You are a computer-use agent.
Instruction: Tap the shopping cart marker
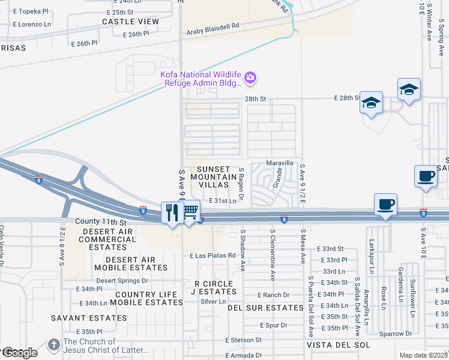(191, 211)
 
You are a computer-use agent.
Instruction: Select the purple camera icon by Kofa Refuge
(250, 77)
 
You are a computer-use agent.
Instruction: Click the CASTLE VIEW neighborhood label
(130, 22)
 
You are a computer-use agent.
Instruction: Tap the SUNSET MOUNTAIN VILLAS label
(214, 177)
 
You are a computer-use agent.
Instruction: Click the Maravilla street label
(280, 163)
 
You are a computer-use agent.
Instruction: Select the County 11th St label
(101, 222)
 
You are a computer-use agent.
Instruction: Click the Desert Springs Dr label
(122, 280)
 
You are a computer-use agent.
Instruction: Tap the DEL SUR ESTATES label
(265, 307)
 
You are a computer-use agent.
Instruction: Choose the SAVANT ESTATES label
(80, 318)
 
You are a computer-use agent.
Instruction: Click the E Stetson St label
(244, 340)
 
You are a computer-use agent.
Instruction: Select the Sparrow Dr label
(395, 333)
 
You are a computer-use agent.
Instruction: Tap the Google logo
(19, 353)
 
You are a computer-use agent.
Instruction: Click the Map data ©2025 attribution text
(423, 355)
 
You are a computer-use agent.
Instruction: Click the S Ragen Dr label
(241, 184)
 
